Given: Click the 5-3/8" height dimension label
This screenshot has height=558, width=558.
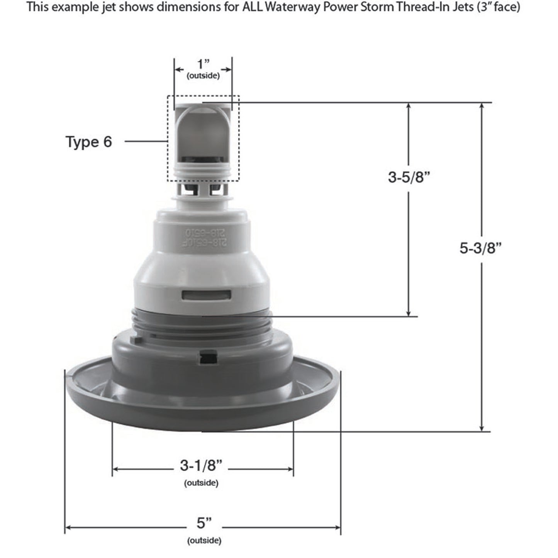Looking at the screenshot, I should tap(480, 248).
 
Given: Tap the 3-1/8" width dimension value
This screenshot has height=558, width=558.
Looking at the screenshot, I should tap(201, 465).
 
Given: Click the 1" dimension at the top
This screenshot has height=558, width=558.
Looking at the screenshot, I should tap(203, 63).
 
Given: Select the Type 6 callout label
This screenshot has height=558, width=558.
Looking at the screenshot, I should tap(89, 142).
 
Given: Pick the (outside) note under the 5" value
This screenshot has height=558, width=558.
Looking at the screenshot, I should tap(204, 541).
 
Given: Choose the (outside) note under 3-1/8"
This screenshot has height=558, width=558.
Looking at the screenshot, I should tap(201, 483).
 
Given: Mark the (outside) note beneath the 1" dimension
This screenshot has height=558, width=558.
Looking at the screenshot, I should tap(203, 76).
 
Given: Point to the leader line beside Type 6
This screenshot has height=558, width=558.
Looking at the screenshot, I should tap(146, 142).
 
